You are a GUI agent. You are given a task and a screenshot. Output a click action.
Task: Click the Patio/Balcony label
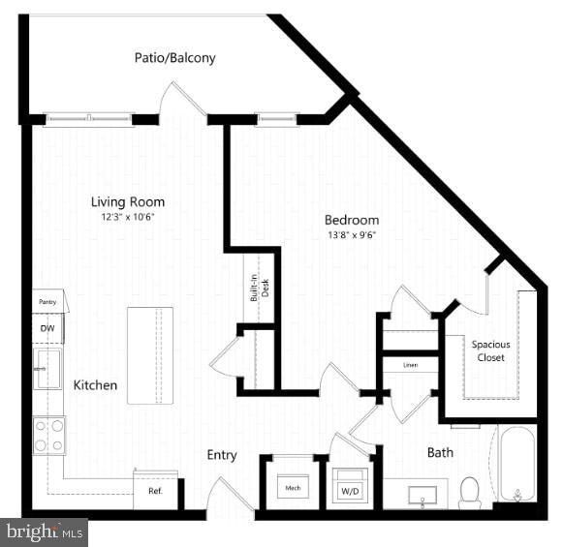pos(174,58)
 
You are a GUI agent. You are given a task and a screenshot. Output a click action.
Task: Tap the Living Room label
pos(128,202)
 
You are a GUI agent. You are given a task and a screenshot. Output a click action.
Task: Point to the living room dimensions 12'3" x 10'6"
pos(128,218)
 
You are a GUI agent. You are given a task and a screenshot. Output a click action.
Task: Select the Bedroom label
pos(352,220)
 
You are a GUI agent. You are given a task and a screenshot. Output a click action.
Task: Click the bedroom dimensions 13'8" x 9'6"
pos(351,234)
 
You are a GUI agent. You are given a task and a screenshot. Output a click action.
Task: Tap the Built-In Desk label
pos(259,287)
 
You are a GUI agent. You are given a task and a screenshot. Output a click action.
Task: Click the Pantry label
pos(47,302)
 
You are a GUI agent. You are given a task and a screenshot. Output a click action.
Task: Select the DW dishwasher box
pos(47,329)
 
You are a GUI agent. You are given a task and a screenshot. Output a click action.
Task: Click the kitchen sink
pos(47,369)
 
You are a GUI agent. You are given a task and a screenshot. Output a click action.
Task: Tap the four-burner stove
pos(49,436)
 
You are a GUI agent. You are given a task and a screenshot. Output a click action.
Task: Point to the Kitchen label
pos(95,385)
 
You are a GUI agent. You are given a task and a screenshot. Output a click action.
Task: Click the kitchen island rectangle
pos(150,355)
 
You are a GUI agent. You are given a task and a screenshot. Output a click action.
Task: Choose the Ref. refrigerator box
pos(155,490)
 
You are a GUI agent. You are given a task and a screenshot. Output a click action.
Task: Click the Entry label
pos(222,455)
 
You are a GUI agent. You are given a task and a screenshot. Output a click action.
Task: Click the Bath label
pos(440,452)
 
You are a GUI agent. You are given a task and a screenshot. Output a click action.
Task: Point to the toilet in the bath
pos(470,492)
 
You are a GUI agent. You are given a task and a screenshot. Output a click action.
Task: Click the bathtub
pos(517,463)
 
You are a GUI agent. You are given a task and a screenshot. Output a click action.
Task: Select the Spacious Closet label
pos(490,350)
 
